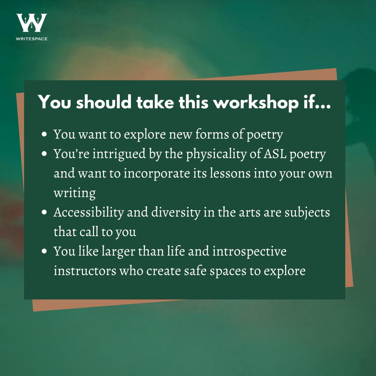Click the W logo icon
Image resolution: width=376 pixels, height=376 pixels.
(31, 23)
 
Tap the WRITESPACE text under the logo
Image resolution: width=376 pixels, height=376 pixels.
(31, 39)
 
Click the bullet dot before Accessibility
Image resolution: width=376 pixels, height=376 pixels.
(44, 212)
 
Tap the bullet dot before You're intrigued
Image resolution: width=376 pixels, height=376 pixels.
(44, 154)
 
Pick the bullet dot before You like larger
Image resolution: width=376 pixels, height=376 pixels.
(44, 251)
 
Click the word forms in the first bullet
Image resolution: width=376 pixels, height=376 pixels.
(212, 134)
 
